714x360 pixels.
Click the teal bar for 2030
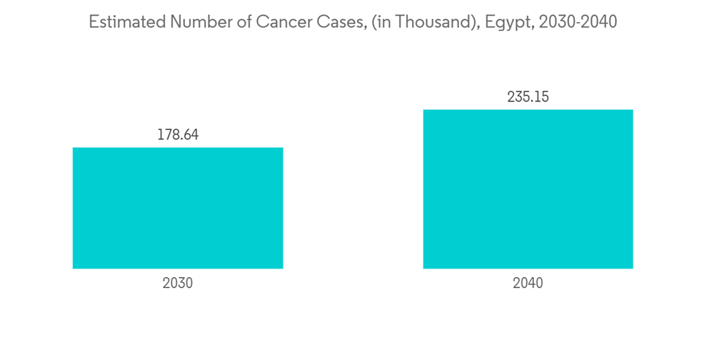(x=178, y=208)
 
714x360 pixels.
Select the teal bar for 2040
(x=528, y=189)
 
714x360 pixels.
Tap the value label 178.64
(x=178, y=134)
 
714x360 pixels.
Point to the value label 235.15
(x=528, y=96)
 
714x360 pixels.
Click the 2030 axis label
(x=178, y=283)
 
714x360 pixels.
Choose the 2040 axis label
(x=528, y=283)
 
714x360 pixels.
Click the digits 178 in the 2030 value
(x=169, y=134)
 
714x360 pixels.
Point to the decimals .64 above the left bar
(x=188, y=134)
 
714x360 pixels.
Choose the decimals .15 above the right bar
(x=539, y=96)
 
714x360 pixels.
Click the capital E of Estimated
(x=93, y=22)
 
